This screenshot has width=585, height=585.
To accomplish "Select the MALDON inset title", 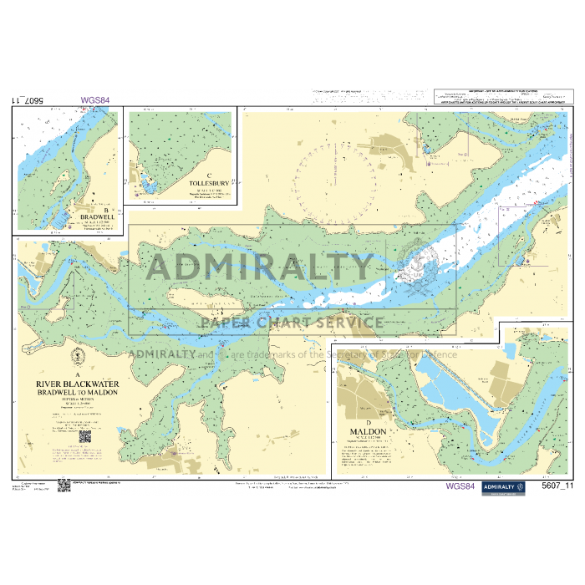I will (x=369, y=431).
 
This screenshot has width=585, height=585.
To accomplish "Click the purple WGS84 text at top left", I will (x=94, y=100).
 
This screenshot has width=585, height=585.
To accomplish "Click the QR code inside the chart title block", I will (x=85, y=436).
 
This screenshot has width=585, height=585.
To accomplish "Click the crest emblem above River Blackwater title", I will (x=77, y=355).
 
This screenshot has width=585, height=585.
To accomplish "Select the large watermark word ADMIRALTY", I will (x=259, y=267).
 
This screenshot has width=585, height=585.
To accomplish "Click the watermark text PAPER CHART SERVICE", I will (x=291, y=323).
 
